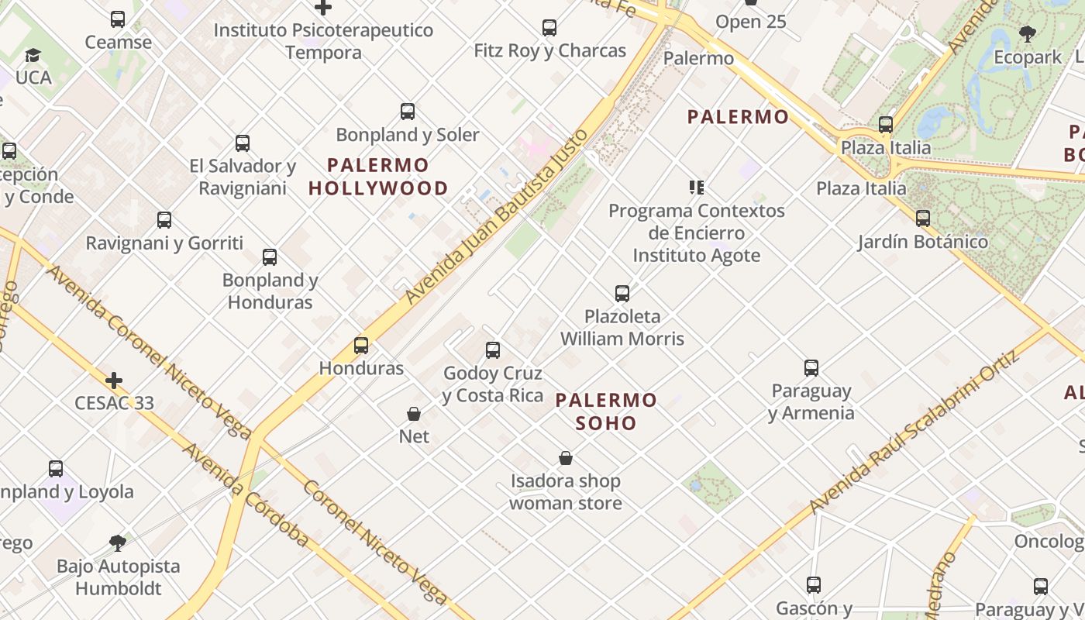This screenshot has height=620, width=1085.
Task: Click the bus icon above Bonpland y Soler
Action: (408, 112)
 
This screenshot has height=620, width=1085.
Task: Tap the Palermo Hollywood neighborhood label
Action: (378, 177)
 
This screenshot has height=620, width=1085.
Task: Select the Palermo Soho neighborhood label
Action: (606, 412)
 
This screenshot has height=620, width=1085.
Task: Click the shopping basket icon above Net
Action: (414, 414)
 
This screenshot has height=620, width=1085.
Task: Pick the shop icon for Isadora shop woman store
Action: (566, 458)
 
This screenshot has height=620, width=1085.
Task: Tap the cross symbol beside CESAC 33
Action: (114, 381)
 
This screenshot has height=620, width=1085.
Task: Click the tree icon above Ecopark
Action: (1028, 34)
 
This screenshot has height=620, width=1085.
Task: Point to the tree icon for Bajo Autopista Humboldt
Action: (118, 542)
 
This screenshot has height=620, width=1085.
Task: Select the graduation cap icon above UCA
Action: (33, 56)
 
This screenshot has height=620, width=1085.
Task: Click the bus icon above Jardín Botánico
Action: (922, 219)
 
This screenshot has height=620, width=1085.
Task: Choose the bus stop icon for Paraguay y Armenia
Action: (811, 368)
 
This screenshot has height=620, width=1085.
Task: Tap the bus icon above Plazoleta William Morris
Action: (622, 294)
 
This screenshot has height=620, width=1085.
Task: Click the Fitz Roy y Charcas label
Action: (550, 51)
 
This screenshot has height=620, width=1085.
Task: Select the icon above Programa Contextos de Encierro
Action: (696, 188)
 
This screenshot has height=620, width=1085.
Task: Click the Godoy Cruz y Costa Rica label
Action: (493, 384)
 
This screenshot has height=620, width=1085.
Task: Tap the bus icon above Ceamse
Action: (118, 19)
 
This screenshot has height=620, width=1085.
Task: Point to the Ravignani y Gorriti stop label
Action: (164, 243)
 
